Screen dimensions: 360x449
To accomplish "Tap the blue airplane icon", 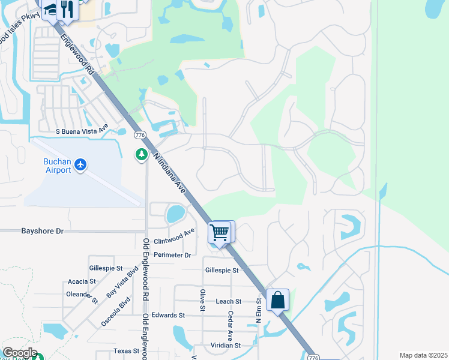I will (x=81, y=164).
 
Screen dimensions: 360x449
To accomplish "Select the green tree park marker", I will (x=142, y=155).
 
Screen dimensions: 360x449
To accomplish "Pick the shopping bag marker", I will (x=278, y=300).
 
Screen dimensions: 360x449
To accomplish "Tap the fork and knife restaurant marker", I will (x=67, y=9).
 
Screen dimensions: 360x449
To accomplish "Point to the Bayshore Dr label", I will (x=42, y=230).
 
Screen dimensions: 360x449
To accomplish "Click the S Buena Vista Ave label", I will (x=81, y=130).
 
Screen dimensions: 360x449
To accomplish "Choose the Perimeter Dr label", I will (x=172, y=255).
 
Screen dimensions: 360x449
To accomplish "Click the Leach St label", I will (x=228, y=301).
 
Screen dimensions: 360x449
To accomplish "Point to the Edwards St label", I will (x=167, y=315).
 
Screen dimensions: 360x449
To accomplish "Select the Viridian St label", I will (x=225, y=346).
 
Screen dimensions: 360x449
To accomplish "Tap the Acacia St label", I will (x=82, y=281).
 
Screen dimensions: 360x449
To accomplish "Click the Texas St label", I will (x=126, y=351).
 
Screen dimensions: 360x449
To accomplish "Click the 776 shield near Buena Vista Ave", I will (x=140, y=134).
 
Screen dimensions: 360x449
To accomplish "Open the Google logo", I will (x=19, y=353).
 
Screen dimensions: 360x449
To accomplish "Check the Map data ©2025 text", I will (x=423, y=355).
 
